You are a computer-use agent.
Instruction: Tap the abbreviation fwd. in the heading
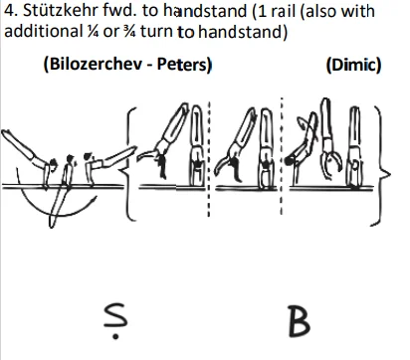(x=116, y=12)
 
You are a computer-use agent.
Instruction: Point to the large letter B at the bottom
(x=298, y=324)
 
